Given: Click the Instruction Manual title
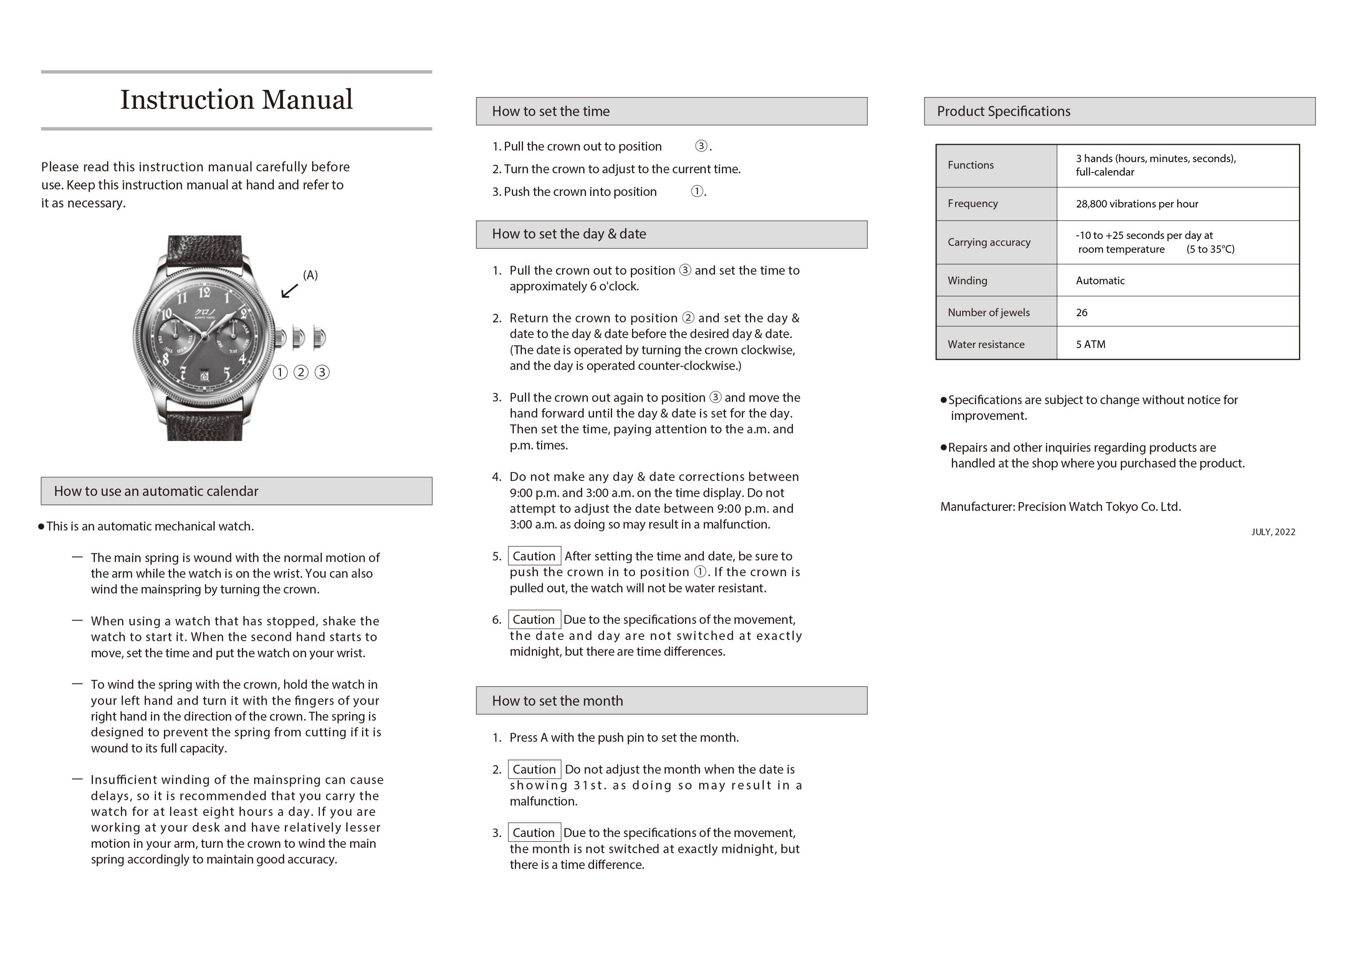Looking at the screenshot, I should coord(237,100).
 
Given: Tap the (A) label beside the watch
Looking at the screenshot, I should coord(310,275).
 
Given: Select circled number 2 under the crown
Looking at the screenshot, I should coord(301,372).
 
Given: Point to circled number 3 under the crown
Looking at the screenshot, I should coord(322,372).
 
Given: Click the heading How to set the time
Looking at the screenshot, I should coord(550,111).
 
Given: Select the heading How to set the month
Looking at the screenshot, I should coord(557,701).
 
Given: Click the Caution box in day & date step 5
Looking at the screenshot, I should coord(534,556).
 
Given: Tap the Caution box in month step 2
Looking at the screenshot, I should coord(534,769).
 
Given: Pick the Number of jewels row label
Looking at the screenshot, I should coord(989,313).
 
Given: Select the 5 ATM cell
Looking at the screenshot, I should coord(1090,344).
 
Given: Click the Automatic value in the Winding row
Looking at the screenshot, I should coord(1100,281).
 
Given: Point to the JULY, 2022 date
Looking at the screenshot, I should coord(1273,532).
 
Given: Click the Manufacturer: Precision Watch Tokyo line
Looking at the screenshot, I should coord(1060,507).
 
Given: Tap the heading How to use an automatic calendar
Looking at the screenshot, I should coord(156,491).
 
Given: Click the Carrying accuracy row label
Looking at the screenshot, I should coord(989,243).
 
